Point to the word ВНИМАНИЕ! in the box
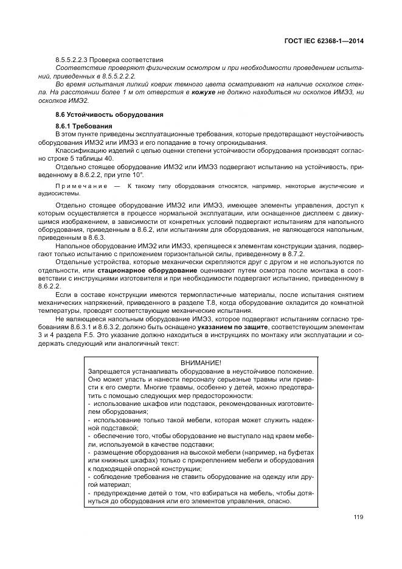point(201,363)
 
